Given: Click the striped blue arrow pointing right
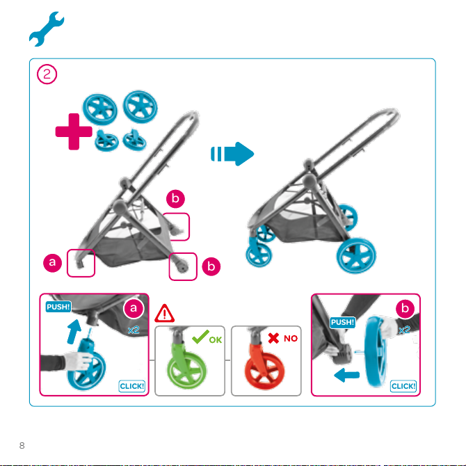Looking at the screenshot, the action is [234, 154].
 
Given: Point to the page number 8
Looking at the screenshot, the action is [22, 444].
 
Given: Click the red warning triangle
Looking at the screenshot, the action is [165, 312].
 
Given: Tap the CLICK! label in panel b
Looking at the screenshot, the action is [403, 386].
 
